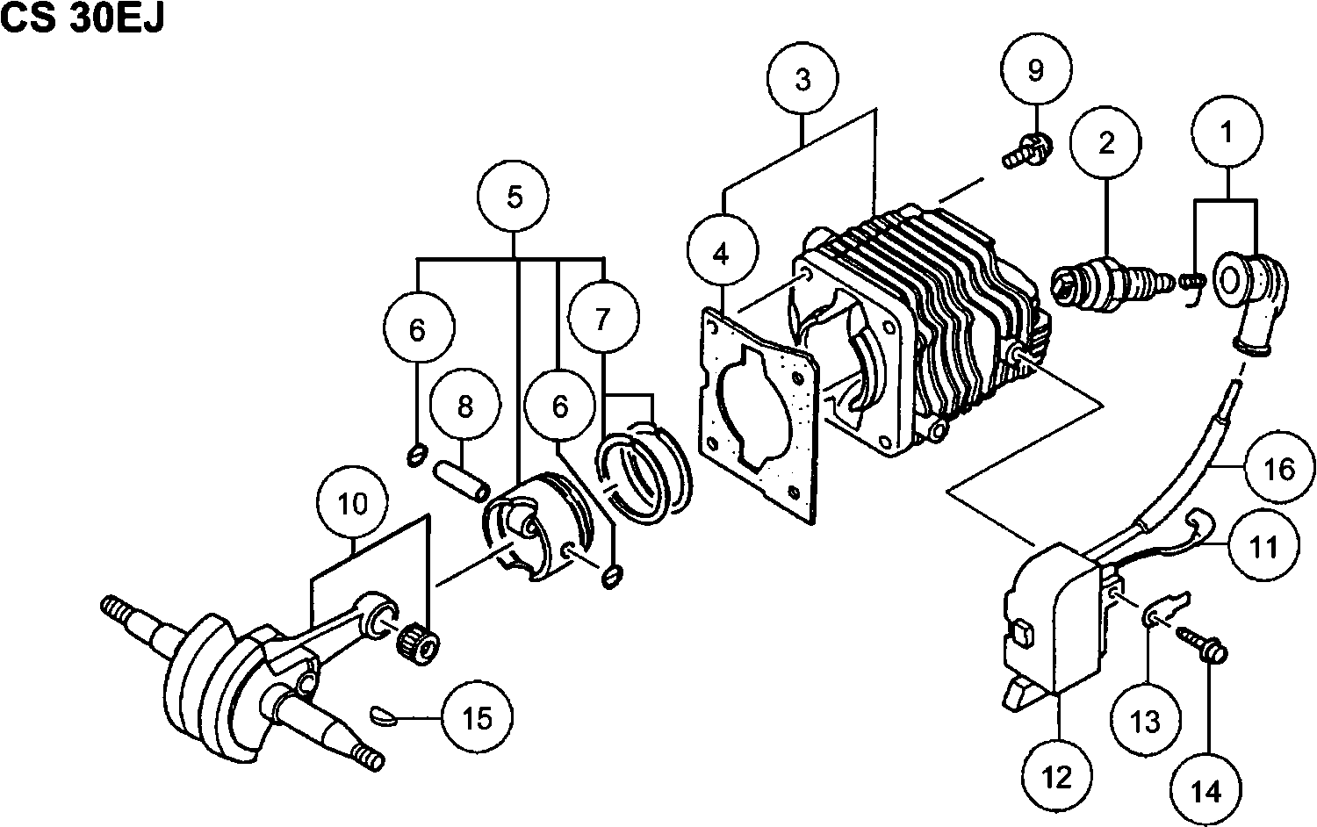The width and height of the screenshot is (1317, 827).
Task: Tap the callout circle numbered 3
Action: pyautogui.click(x=802, y=78)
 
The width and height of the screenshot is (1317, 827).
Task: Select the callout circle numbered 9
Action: pyautogui.click(x=1036, y=70)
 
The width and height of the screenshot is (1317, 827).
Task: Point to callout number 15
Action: pyautogui.click(x=477, y=718)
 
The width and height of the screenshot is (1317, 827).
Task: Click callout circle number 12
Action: pyautogui.click(x=1058, y=776)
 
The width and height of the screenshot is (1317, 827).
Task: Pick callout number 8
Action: pyautogui.click(x=465, y=406)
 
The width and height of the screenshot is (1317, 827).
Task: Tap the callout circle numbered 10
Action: pyautogui.click(x=352, y=504)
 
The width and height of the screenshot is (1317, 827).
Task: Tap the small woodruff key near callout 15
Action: pyautogui.click(x=385, y=715)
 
